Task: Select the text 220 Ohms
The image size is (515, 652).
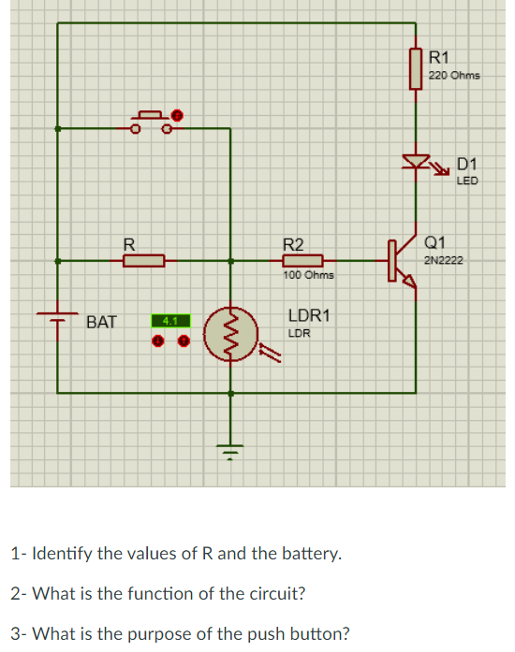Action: (454, 75)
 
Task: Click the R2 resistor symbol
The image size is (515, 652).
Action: (303, 261)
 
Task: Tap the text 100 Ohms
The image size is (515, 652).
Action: (308, 276)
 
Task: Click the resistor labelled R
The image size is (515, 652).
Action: (143, 261)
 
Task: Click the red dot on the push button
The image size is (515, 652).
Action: (174, 115)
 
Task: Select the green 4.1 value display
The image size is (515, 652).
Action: (170, 321)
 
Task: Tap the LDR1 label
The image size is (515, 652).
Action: (308, 316)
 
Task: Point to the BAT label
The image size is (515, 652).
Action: (101, 323)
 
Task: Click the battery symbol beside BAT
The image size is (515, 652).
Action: (58, 316)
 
